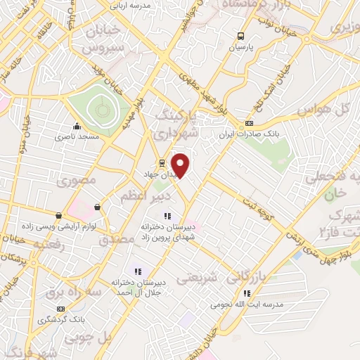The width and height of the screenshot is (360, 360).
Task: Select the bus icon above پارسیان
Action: [x=241, y=36]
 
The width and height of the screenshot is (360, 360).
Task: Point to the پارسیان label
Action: [x=241, y=48]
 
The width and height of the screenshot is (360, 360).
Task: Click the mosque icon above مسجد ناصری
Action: [x=76, y=127]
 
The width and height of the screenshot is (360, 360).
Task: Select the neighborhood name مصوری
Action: [x=77, y=182]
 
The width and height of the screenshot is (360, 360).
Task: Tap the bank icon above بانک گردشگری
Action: [x=60, y=309]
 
